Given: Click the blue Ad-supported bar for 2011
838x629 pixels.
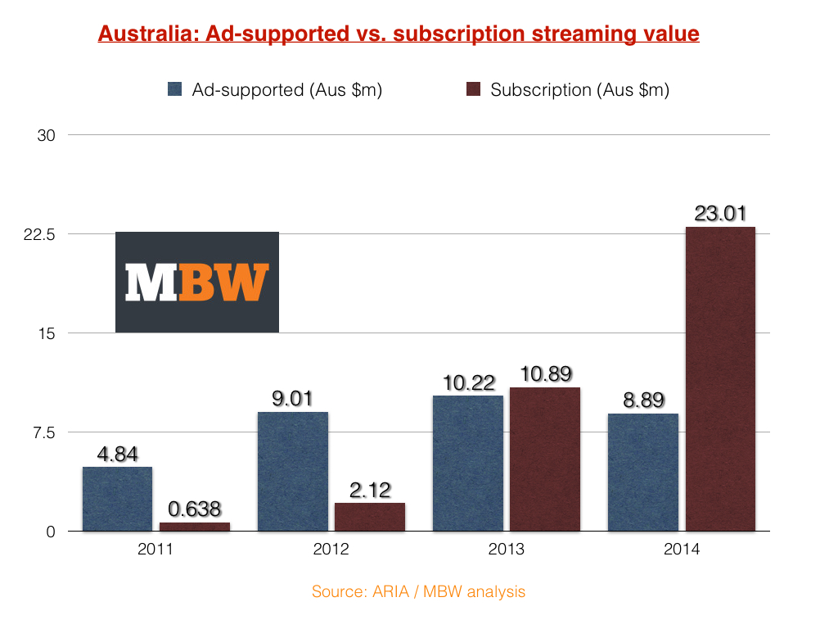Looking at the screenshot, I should point(117,499).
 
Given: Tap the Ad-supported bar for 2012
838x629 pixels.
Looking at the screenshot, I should point(292,471).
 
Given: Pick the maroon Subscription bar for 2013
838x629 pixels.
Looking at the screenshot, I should point(544,459).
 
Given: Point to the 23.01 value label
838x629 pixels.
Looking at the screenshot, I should point(720,215).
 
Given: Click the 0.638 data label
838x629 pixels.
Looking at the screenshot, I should point(194,509).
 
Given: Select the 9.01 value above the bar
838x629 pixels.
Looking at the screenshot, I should point(292,399).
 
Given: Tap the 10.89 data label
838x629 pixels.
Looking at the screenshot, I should point(544,374).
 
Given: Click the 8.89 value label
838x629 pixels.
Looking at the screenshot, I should point(642,400).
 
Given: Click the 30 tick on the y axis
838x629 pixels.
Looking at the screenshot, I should point(47,135).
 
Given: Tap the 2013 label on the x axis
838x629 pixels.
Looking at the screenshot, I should point(506,550).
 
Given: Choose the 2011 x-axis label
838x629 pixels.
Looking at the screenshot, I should point(155,550).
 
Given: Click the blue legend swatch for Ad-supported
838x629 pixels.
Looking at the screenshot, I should point(174,89).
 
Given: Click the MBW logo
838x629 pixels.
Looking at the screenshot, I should point(197,282).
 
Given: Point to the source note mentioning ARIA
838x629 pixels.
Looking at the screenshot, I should point(418,591).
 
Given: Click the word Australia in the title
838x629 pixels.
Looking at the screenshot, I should point(137,34).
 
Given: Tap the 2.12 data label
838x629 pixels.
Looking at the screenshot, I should point(369,490).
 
